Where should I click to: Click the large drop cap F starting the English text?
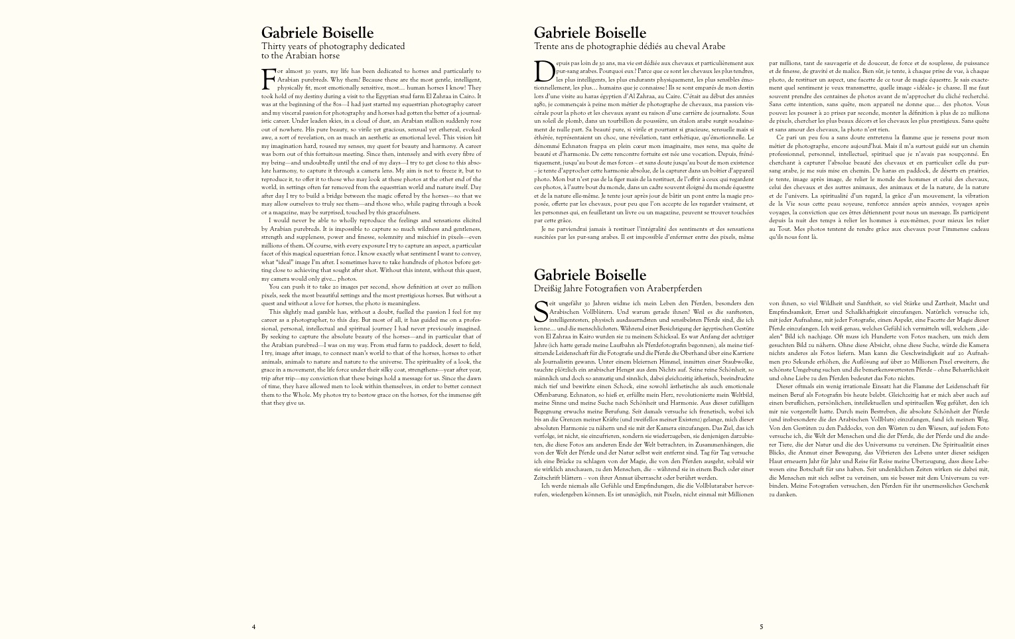tap(268, 78)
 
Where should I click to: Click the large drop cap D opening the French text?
tap(543, 71)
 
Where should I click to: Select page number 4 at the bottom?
tap(253, 626)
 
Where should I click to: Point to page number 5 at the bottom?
tap(762, 626)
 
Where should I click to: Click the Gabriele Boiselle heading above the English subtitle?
tap(317, 33)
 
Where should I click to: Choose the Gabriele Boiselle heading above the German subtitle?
tap(590, 275)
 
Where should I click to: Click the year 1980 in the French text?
tap(539, 104)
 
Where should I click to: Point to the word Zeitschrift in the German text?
tap(548, 477)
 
